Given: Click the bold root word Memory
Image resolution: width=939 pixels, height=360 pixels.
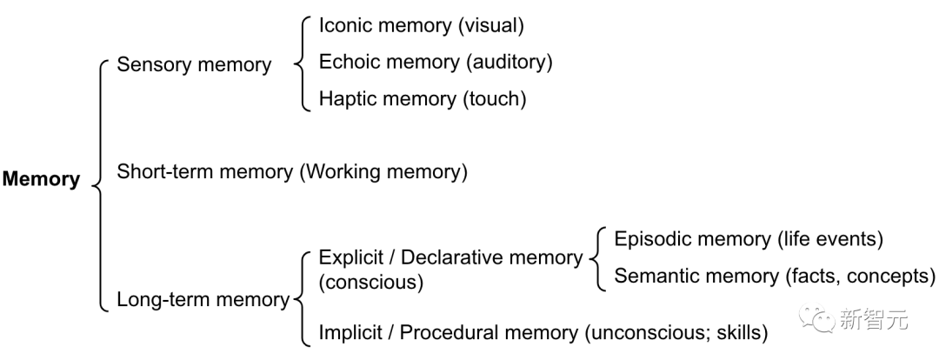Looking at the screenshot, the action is (x=42, y=179).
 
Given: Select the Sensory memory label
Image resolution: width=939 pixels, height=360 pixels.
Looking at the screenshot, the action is (x=194, y=64).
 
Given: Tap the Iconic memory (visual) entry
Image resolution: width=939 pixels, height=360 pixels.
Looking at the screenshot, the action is (x=422, y=25).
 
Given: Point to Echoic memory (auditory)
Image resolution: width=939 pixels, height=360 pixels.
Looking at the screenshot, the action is (x=436, y=62).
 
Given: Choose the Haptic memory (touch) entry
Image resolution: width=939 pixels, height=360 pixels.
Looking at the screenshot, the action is (x=423, y=98).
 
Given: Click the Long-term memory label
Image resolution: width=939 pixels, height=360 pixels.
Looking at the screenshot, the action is (x=203, y=299).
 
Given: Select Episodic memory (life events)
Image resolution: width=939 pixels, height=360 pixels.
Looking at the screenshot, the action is (x=749, y=239).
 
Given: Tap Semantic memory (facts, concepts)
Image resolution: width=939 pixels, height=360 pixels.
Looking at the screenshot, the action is (x=775, y=276).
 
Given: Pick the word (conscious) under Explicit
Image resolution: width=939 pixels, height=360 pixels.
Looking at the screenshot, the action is (x=371, y=282).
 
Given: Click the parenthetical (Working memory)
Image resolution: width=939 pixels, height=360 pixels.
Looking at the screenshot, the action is (x=383, y=172).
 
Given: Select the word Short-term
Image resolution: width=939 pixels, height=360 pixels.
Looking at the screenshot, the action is (x=165, y=172).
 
